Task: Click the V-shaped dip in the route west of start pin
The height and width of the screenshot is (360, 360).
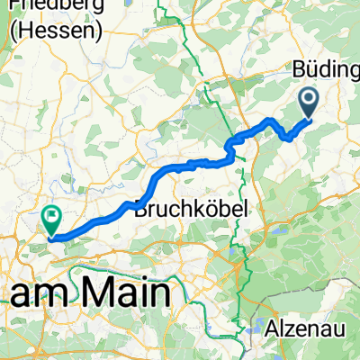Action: [287, 138]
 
